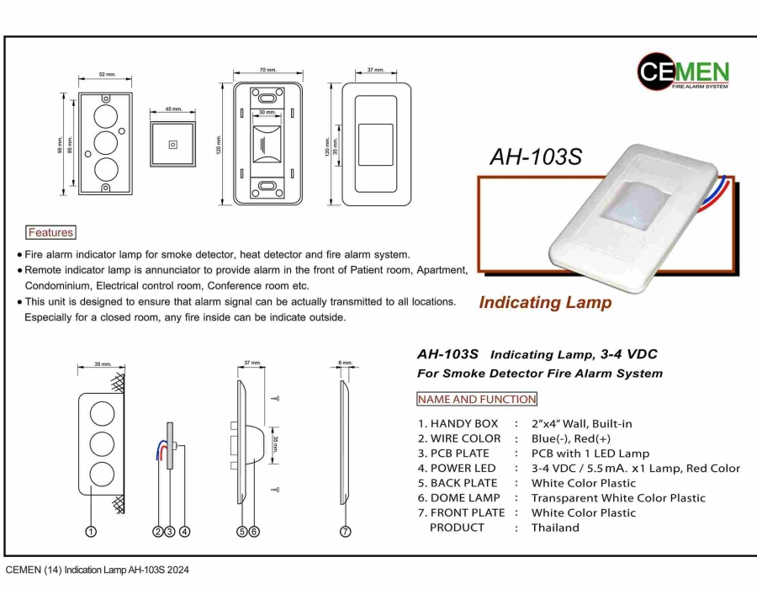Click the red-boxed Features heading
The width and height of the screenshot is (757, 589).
pos(50,232)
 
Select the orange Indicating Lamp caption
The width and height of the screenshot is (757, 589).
pos(545,303)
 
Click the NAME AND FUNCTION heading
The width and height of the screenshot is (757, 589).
pos(476,399)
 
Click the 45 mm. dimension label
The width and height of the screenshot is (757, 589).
pos(173,109)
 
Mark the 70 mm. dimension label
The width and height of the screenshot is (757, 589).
pos(267,70)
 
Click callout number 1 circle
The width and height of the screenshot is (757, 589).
pos(91,531)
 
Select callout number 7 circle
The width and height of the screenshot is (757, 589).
pos(346,531)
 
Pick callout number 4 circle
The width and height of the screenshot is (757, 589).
pos(184,531)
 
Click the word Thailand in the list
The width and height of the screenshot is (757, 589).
pos(555,528)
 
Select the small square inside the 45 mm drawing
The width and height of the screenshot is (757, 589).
pos(172,144)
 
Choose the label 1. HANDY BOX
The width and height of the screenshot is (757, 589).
pos(458,424)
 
